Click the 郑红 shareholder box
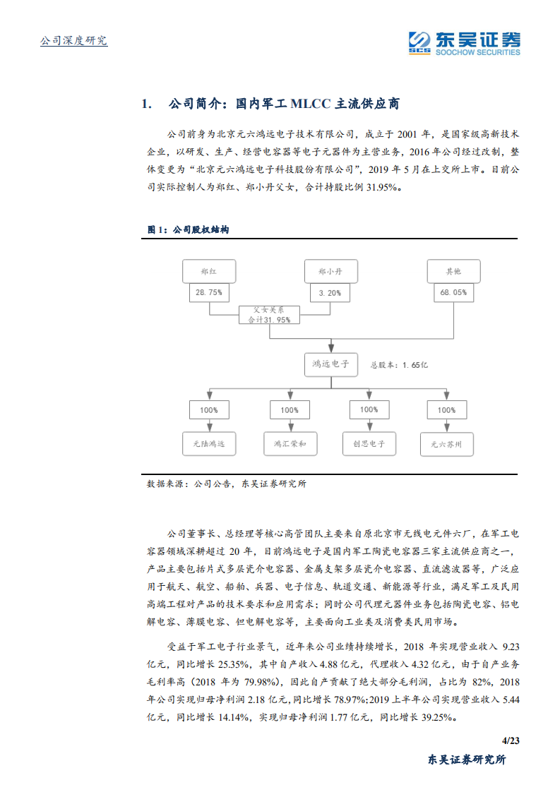pos(208,271)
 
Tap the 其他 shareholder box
pos(453,271)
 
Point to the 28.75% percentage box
pos(208,292)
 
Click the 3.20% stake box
pos(330,292)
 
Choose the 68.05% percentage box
pos(453,292)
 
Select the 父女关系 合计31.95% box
pos(269,314)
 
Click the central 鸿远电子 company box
pos(330,364)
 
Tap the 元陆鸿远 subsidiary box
pos(208,444)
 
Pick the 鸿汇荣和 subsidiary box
pos(290,444)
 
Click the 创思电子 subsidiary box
pos(369,444)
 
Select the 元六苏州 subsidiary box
pos(446,444)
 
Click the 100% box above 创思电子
pos(369,409)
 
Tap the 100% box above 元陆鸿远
pos(208,409)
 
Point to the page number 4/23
pos(510,740)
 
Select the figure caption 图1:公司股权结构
pos(187,230)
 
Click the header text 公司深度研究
pos(73,41)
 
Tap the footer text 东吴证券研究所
pos(467,760)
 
